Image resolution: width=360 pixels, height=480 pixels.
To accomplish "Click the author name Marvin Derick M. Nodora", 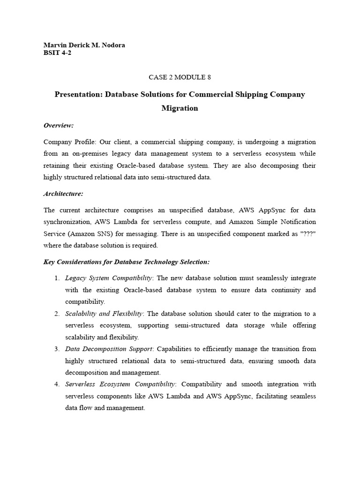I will click(x=84, y=45).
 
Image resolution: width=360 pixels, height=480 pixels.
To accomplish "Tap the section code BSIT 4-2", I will click(x=57, y=52).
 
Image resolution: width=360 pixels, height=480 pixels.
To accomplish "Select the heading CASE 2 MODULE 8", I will click(x=180, y=77).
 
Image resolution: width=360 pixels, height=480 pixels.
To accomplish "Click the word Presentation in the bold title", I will click(x=78, y=94).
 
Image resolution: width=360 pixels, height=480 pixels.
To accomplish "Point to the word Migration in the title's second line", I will click(x=180, y=108).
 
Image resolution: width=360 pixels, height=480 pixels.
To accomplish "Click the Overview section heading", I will click(x=59, y=125).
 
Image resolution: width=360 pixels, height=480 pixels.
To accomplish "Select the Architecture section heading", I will click(x=63, y=194).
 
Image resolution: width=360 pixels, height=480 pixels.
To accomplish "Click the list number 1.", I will click(x=57, y=278).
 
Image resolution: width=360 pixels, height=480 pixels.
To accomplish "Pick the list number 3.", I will click(x=57, y=349).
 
